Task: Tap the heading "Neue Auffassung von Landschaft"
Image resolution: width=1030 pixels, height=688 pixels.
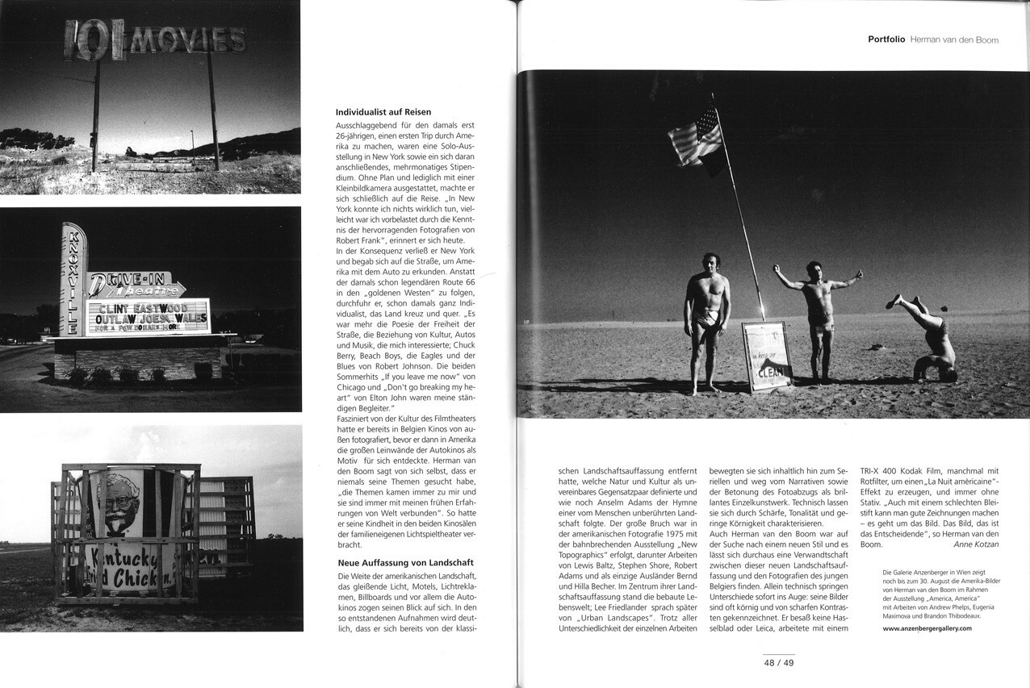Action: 404,561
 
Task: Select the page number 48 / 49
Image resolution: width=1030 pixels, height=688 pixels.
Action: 779,663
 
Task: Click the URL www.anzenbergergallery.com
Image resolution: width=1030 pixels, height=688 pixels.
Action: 927,628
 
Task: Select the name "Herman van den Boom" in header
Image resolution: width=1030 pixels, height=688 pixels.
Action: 954,39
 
